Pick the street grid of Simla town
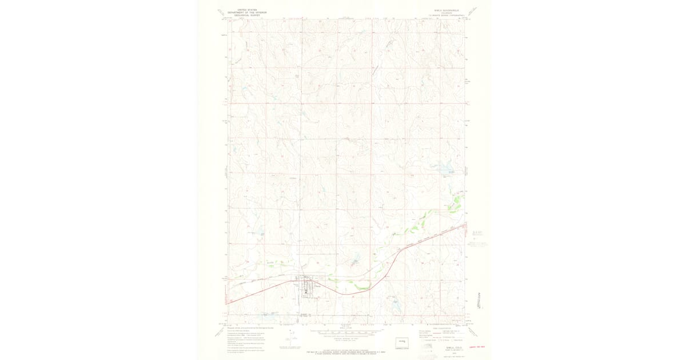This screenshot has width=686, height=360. (307, 285)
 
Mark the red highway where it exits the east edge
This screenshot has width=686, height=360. (464, 224)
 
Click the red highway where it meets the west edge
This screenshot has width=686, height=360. (228, 303)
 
